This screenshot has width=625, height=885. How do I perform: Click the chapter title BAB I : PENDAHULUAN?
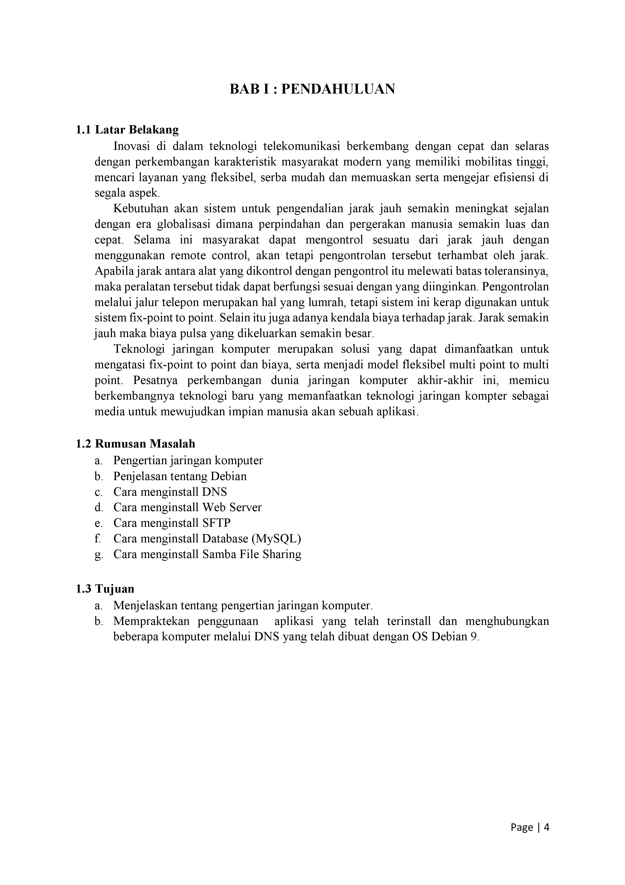(x=312, y=89)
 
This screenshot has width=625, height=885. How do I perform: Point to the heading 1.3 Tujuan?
(x=105, y=589)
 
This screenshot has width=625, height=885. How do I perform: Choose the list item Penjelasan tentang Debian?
(x=180, y=476)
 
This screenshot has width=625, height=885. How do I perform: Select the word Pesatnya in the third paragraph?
(x=155, y=380)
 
